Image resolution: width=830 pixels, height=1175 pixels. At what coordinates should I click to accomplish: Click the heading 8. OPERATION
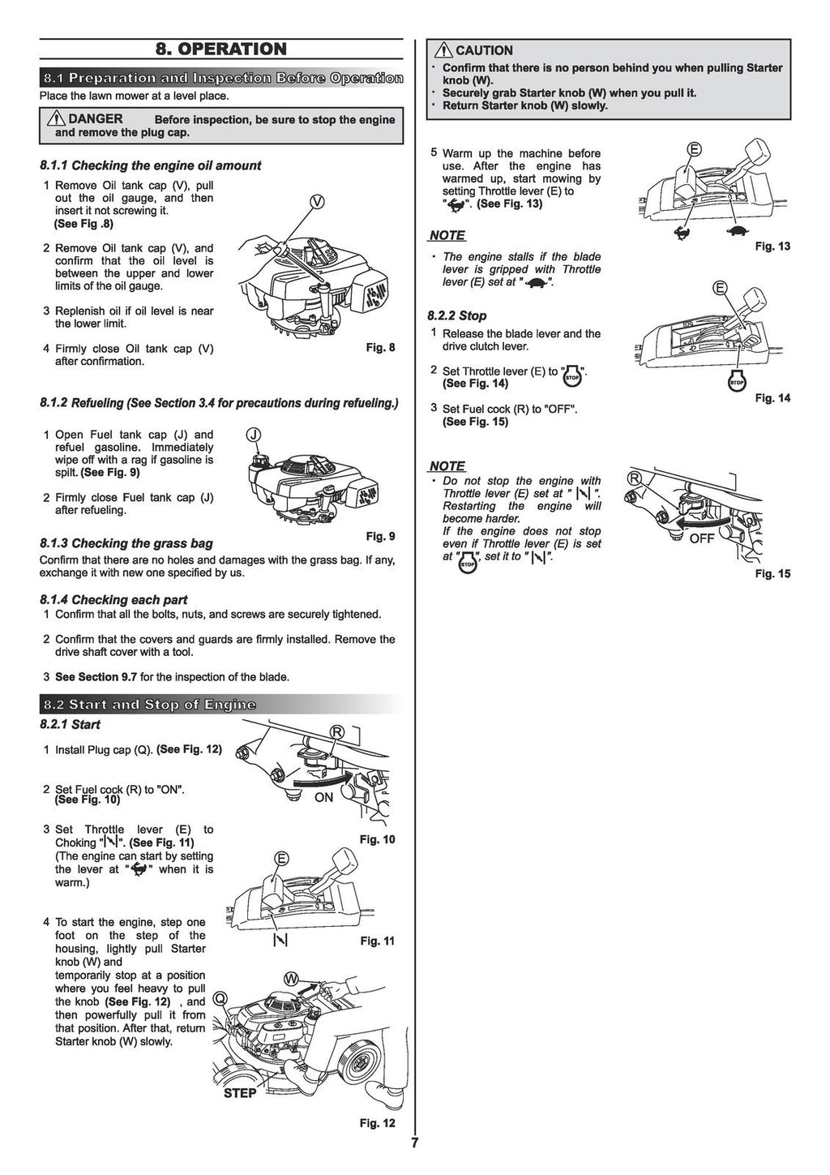tap(221, 49)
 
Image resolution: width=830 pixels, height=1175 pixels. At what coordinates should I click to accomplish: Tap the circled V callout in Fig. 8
tap(317, 202)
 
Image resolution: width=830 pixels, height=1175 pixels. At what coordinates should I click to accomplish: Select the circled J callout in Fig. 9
tap(254, 435)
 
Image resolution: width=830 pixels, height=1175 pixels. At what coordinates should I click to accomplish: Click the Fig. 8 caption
tap(380, 348)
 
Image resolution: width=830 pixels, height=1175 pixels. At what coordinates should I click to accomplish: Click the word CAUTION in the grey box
tap(484, 50)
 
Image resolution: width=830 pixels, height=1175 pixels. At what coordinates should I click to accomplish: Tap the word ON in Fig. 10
tap(323, 797)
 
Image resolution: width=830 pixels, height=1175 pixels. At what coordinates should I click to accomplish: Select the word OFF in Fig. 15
tap(702, 538)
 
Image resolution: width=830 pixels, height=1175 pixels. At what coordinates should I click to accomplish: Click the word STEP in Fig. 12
tap(240, 1093)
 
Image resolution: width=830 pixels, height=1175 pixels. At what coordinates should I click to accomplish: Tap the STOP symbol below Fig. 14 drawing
tap(737, 381)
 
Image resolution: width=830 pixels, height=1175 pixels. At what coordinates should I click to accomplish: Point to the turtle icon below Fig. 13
tap(738, 231)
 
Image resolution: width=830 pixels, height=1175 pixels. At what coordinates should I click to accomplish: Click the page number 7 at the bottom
tap(414, 1143)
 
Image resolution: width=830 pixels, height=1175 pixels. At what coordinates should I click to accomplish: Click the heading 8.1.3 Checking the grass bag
tap(126, 543)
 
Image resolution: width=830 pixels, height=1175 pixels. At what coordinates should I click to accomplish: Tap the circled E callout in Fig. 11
tap(281, 859)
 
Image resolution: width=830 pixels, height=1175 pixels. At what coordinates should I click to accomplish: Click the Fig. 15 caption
tap(772, 574)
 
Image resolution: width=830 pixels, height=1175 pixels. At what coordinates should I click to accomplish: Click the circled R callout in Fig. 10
tap(336, 732)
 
